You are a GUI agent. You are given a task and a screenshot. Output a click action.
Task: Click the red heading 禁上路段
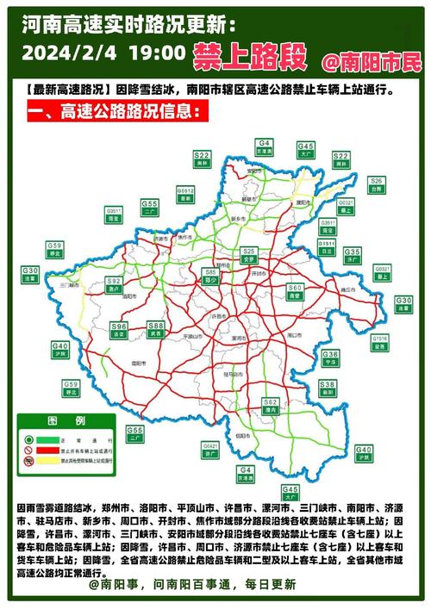[250, 57]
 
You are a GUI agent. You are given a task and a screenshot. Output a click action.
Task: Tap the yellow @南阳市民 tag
[372, 62]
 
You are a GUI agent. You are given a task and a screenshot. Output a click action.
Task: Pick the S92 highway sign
[113, 285]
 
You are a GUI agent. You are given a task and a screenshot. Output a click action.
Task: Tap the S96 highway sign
[118, 329]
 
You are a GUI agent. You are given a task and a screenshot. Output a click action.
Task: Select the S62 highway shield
[270, 405]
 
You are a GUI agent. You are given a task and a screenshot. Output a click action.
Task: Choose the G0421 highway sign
[210, 448]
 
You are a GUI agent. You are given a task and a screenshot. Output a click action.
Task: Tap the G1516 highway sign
[380, 342]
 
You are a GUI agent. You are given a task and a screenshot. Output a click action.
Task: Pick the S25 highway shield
[251, 255]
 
